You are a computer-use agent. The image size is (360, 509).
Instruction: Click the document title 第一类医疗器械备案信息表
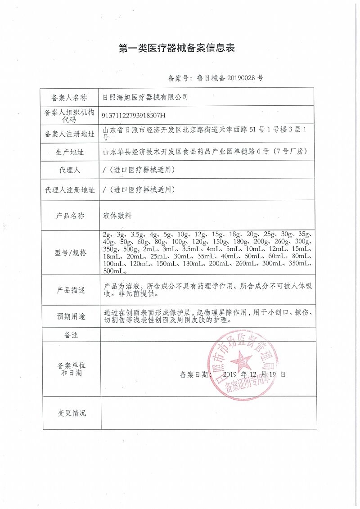click(177, 48)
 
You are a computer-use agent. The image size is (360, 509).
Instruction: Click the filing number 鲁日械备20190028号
click(216, 78)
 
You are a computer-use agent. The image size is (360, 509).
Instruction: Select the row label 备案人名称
click(70, 97)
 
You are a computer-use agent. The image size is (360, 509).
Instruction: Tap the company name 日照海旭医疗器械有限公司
click(145, 97)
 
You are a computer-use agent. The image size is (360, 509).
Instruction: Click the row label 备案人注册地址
click(70, 134)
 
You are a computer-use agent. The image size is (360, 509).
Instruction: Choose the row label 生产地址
click(70, 152)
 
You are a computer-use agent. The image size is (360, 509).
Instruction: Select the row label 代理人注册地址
click(70, 190)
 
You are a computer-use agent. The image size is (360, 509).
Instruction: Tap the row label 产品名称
click(70, 216)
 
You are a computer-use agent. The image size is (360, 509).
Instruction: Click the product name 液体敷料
click(117, 216)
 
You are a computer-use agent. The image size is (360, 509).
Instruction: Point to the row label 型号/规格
click(70, 252)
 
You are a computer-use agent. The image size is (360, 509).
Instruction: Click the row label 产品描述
click(70, 290)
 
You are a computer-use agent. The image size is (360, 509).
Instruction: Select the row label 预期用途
click(70, 317)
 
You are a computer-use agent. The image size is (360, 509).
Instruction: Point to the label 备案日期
click(194, 374)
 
